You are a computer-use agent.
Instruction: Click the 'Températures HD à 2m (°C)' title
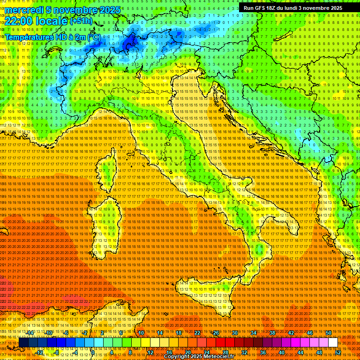52,37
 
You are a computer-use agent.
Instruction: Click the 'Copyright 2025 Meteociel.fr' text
202,357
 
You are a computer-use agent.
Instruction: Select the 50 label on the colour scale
328,333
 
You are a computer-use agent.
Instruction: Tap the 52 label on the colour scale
338,352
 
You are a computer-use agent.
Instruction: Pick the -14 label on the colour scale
30,333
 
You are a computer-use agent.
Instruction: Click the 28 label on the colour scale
225,352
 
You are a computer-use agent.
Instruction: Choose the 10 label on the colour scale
141,333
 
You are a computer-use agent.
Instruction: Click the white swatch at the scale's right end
333,343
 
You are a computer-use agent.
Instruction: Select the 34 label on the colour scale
253,333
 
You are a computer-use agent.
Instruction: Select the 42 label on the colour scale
291,333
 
